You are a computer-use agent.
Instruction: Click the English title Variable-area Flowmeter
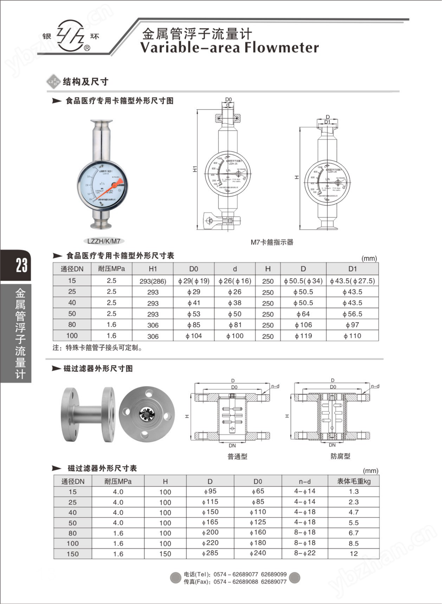point(229,48)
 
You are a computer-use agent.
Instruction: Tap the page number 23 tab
point(21,265)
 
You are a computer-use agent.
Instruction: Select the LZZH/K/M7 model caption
point(103,241)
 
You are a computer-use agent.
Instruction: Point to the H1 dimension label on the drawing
point(195,169)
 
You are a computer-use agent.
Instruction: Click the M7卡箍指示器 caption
point(272,242)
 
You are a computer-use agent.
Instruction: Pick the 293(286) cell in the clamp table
point(153,281)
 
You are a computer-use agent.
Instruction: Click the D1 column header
point(352,269)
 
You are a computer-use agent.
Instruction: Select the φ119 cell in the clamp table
point(303,336)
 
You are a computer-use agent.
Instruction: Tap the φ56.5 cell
point(352,314)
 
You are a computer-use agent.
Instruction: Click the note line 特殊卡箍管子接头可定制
point(98,348)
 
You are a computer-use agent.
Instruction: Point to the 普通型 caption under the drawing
point(237,457)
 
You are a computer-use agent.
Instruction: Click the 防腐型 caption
point(340,456)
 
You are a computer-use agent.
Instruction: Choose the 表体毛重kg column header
point(353,481)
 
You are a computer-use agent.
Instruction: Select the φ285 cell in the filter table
point(211,553)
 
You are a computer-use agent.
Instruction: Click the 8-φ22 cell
point(305,553)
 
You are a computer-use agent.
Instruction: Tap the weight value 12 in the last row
point(353,554)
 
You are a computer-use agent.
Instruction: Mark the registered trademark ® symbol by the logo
point(87,48)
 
